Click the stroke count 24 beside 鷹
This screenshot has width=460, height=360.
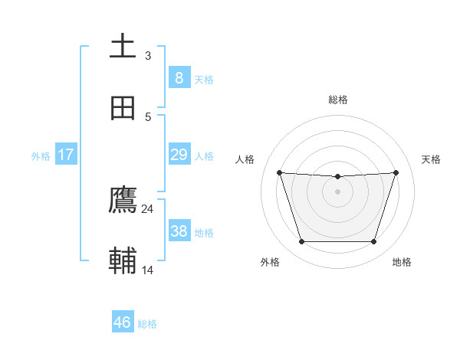147,208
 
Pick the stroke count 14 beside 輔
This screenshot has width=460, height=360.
147,270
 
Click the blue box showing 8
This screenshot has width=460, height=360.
179,77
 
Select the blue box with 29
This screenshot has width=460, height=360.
179,155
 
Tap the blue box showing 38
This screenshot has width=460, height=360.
179,231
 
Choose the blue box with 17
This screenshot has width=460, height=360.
65,155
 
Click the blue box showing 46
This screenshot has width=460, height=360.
122,322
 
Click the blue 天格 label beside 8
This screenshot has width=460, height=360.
204,80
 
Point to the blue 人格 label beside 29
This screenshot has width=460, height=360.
204,156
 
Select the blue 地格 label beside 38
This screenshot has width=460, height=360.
204,233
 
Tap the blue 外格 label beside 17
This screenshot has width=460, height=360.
41,156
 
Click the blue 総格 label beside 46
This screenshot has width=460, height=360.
147,324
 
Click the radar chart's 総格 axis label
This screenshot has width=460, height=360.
337,100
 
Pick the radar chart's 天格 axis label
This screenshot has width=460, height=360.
432,159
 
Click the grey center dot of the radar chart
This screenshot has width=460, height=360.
337,191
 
